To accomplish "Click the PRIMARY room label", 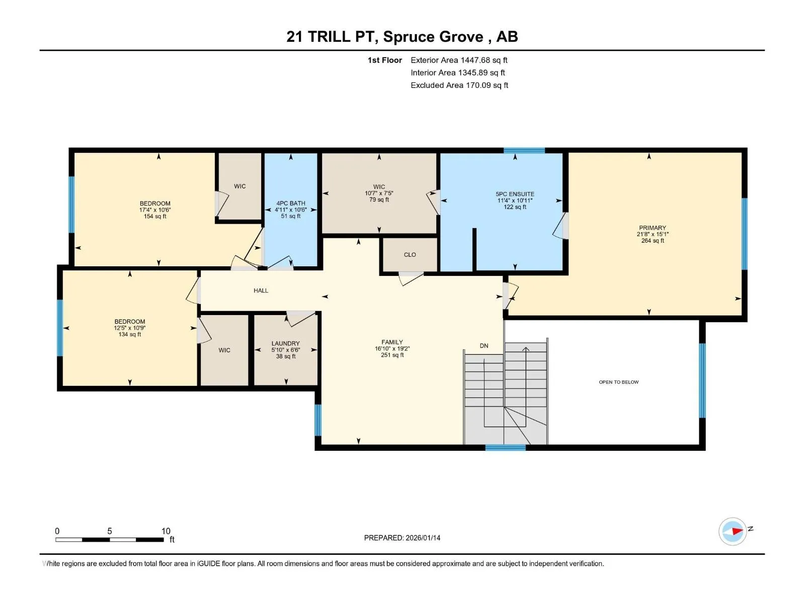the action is click(x=653, y=228).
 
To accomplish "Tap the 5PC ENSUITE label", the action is click(x=515, y=194).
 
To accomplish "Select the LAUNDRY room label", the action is click(x=286, y=343).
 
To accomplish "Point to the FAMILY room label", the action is click(x=392, y=342).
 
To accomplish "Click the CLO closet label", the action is click(x=410, y=255).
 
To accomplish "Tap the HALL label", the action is click(x=261, y=291).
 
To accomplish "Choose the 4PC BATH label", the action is click(x=291, y=203).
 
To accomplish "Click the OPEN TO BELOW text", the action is click(x=619, y=382).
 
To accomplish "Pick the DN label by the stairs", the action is click(x=484, y=346).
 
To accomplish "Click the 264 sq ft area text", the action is click(x=653, y=241).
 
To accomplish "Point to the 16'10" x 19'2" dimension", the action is click(x=392, y=349).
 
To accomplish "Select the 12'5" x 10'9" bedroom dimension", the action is click(x=130, y=328).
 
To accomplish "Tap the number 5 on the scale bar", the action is click(x=110, y=531).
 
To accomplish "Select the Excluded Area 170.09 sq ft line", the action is click(x=459, y=85).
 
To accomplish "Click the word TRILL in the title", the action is click(x=329, y=37).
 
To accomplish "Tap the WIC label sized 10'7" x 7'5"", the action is click(x=379, y=187).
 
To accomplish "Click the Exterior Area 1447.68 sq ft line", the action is click(x=459, y=60).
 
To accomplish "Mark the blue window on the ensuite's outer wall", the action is click(x=524, y=150).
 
